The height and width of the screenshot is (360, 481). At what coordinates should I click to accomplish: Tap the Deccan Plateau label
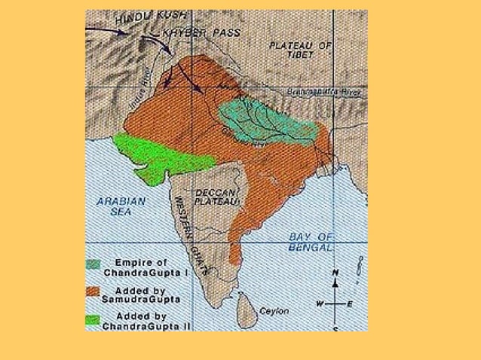217,197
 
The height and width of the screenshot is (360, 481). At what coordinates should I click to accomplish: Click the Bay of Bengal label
311,243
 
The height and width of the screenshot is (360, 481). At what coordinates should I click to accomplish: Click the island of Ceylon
247,308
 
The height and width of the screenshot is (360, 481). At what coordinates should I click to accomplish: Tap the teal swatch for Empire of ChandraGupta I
93,264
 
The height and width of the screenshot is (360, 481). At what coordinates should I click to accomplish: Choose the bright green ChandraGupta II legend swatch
93,319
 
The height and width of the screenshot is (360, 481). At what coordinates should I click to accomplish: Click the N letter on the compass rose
335,273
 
